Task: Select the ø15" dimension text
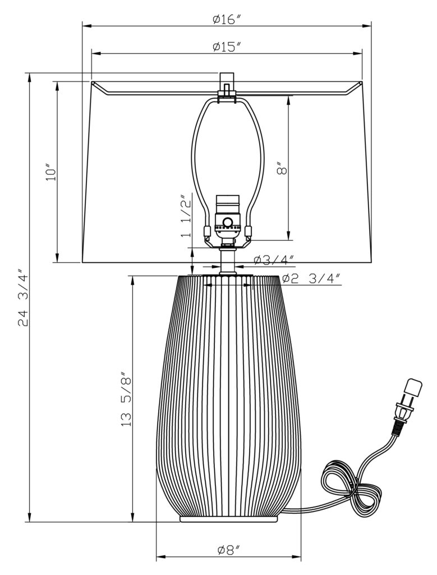tap(227, 47)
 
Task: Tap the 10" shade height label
tap(51, 172)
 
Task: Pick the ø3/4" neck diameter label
tap(274, 259)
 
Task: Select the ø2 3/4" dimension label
tap(311, 279)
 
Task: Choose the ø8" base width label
tap(229, 550)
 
